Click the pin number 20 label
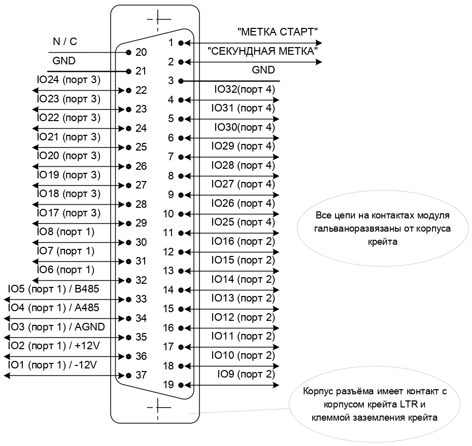coord(141,52)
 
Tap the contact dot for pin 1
coord(181,43)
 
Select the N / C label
coord(65,42)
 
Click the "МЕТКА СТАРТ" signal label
coord(278,32)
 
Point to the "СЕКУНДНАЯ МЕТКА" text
coord(262,51)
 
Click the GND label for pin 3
coord(263,70)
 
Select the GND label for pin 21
coord(64,61)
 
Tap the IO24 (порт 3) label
coord(69,80)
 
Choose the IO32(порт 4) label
coord(245,90)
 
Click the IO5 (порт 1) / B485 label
coord(54,289)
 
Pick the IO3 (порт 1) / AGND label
coord(56,327)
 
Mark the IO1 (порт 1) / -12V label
coord(52,365)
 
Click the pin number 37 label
coord(141,375)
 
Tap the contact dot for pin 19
coord(181,385)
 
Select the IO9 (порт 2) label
coord(246,375)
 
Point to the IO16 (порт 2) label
coord(243,241)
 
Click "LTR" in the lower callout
coord(409,404)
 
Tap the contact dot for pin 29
coord(129,224)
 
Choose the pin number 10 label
coord(168,214)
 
